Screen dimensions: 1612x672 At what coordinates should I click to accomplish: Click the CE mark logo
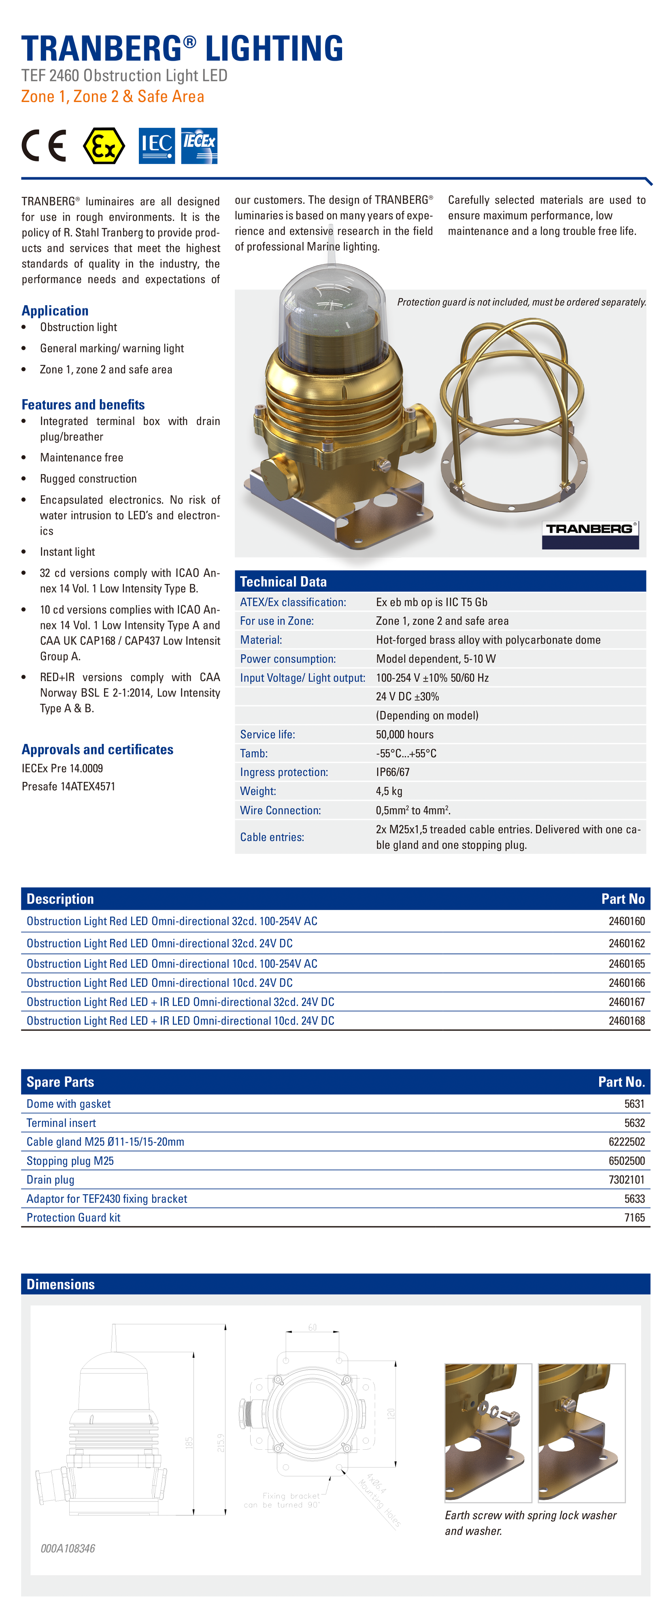pyautogui.click(x=44, y=146)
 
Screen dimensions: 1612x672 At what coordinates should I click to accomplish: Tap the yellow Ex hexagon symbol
pyautogui.click(x=104, y=146)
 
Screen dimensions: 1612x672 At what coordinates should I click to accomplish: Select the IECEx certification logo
pyautogui.click(x=199, y=146)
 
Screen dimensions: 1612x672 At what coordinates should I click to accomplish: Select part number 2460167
pyautogui.click(x=626, y=1002)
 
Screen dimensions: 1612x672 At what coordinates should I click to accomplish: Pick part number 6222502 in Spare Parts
pyautogui.click(x=626, y=1142)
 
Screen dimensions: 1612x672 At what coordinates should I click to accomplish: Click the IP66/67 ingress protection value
pyautogui.click(x=393, y=772)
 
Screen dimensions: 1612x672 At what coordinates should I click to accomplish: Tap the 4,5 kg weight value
pyautogui.click(x=389, y=791)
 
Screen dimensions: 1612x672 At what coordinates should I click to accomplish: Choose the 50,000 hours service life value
pyautogui.click(x=405, y=735)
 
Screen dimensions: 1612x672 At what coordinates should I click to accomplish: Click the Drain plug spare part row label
pyautogui.click(x=51, y=1180)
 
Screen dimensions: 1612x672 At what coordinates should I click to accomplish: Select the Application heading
pyautogui.click(x=55, y=311)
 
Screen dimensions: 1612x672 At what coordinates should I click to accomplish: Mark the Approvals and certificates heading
pyautogui.click(x=98, y=750)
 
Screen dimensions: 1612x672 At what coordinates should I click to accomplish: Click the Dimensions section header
pyautogui.click(x=61, y=1284)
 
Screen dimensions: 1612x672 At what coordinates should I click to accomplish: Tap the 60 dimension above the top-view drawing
pyautogui.click(x=312, y=1327)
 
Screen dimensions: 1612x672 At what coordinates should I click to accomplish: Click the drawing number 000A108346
pyautogui.click(x=68, y=1548)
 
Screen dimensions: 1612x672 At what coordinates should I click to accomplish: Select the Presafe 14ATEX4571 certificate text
pyautogui.click(x=69, y=787)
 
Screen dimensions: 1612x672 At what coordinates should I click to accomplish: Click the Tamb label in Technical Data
pyautogui.click(x=254, y=754)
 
